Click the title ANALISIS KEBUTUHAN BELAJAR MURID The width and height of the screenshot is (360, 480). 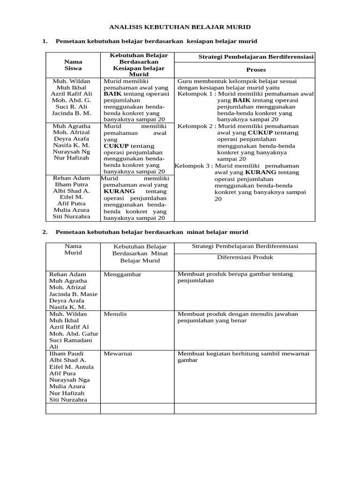(180, 27)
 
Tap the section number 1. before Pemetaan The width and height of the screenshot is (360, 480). (45, 41)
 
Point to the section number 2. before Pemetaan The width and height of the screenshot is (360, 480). (45, 232)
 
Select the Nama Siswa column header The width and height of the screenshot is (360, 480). (73, 65)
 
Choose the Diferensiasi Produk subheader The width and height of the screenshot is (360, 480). (245, 257)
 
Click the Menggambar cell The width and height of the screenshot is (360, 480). (122, 274)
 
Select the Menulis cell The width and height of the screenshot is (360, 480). (115, 314)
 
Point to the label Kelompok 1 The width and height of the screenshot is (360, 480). (195, 94)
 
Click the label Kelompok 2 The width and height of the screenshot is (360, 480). (195, 126)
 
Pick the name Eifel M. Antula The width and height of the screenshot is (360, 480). (70, 367)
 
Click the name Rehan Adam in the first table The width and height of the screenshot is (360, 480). (73, 178)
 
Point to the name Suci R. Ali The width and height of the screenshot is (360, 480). (73, 106)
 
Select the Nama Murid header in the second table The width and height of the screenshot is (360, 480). (73, 249)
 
